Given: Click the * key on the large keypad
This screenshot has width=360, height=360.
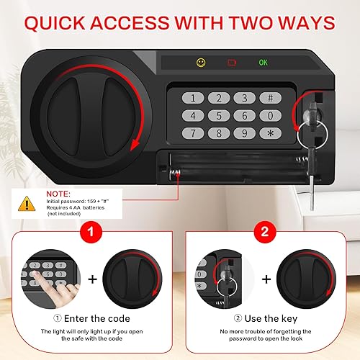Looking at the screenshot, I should pos(270,132).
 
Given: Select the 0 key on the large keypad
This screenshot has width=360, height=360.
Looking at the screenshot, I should pos(270,115).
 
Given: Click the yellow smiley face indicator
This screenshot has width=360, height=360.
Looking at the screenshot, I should pos(201,63).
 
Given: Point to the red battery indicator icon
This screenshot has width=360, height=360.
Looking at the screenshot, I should pos(233,63).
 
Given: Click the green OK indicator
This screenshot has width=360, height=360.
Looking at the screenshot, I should pos(264,63).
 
